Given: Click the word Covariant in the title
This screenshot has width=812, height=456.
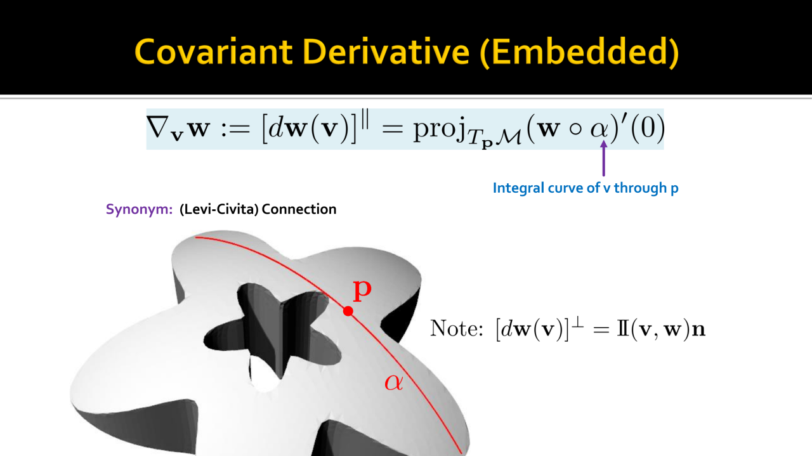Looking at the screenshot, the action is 214,52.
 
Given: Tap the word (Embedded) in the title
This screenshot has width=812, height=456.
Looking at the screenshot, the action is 579,53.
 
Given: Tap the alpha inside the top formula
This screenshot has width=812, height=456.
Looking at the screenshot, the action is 599,130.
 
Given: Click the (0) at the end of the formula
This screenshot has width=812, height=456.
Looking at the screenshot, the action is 648,128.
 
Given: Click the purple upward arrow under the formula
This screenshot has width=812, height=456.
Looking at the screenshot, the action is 603,159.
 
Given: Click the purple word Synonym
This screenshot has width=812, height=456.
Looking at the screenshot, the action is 139,209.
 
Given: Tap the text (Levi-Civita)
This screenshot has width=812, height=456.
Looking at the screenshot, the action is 219,209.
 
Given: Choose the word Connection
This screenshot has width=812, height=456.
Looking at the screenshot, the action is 299,209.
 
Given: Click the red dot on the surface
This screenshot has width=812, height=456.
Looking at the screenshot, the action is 348,311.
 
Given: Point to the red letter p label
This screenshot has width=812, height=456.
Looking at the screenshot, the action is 362,290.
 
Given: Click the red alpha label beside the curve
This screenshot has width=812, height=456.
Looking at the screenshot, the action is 394,383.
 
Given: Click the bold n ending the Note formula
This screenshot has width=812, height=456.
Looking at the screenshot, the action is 699,330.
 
